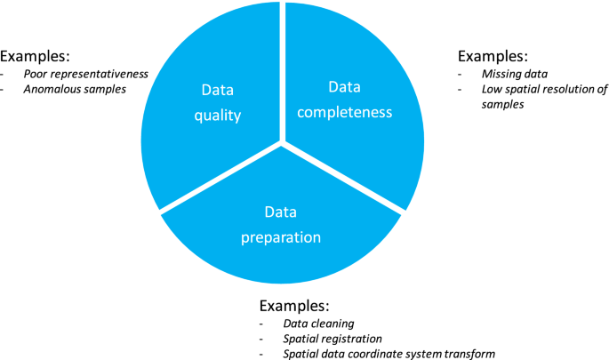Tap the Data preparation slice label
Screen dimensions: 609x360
[x=280, y=225]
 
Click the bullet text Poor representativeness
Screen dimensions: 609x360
[x=86, y=74]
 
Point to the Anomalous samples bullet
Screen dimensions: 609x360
[x=76, y=90]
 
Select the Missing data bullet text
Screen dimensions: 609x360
[x=513, y=74]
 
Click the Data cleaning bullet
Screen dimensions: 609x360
[x=317, y=324]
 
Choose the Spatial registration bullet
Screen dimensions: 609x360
[x=333, y=339]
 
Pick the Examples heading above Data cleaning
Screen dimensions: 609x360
[x=294, y=303]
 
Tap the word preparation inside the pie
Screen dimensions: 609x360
[x=280, y=237]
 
